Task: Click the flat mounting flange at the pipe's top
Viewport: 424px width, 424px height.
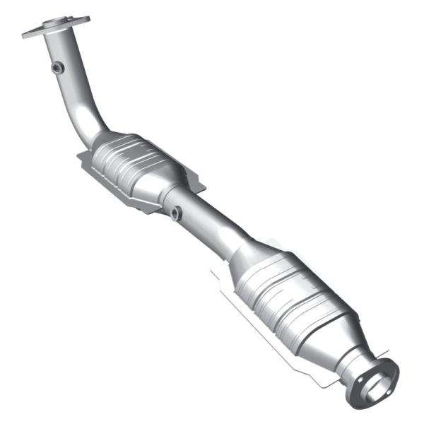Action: [x=57, y=28]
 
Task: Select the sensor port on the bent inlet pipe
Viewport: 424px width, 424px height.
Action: [x=57, y=67]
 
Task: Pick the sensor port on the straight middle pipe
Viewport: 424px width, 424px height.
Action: [x=175, y=212]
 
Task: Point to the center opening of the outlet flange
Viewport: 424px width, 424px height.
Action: [x=377, y=382]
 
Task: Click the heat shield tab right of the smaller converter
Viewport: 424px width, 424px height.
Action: [x=198, y=185]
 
